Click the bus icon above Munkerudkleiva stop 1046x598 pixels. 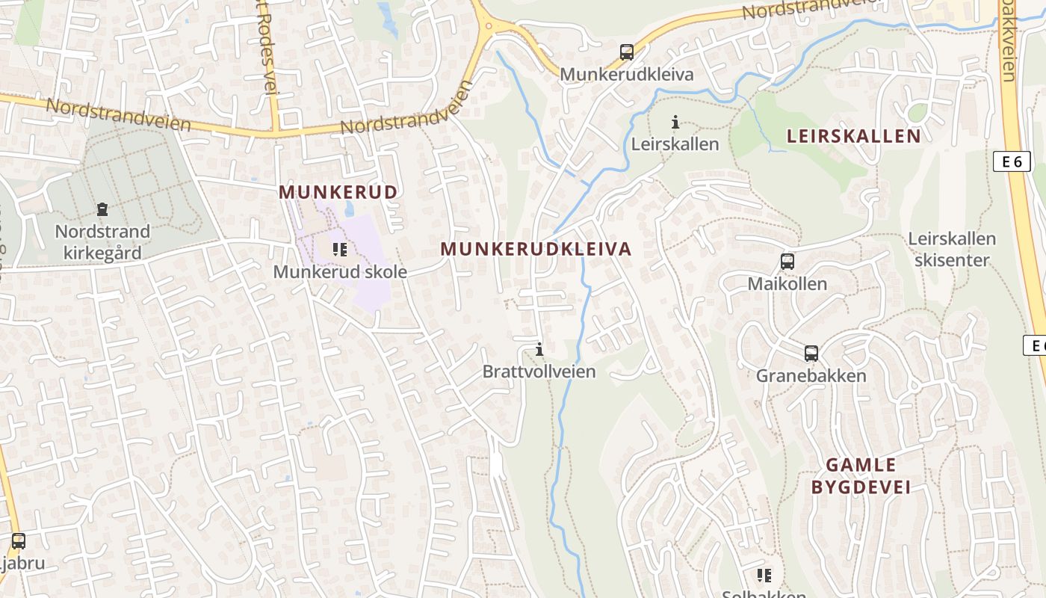(627, 52)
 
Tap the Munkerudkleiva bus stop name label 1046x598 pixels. (627, 75)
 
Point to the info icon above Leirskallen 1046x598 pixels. (675, 122)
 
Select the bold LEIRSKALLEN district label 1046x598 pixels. (854, 136)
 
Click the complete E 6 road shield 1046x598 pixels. (1012, 161)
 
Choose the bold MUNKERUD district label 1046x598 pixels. (338, 192)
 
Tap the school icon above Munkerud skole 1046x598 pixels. (340, 250)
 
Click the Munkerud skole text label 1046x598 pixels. (340, 272)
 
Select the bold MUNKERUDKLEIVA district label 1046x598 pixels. (536, 249)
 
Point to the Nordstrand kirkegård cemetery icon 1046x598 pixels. (102, 210)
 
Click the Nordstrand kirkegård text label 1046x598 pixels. (102, 242)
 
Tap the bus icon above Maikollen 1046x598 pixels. (787, 262)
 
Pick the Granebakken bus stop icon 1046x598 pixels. (811, 354)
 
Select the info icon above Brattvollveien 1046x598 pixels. (539, 349)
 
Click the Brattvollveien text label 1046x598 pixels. (539, 372)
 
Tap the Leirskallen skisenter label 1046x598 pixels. (952, 250)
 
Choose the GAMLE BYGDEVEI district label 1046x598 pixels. (861, 476)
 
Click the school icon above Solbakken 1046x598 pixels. (764, 576)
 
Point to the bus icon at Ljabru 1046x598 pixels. (19, 540)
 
